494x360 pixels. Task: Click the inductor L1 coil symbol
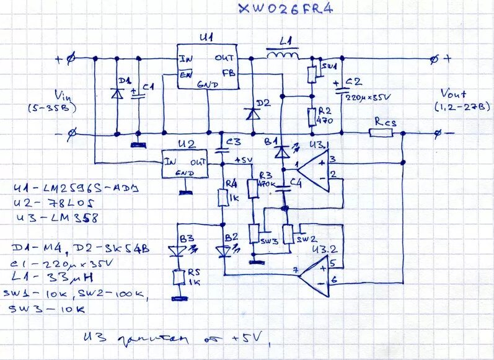(283, 58)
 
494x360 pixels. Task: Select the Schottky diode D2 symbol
(251, 113)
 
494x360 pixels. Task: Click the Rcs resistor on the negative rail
(380, 133)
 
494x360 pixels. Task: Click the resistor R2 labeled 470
(311, 116)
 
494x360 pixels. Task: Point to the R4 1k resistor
(223, 198)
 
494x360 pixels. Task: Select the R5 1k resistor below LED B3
(179, 277)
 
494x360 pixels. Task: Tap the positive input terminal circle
(71, 59)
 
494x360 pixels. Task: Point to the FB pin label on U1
(227, 72)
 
